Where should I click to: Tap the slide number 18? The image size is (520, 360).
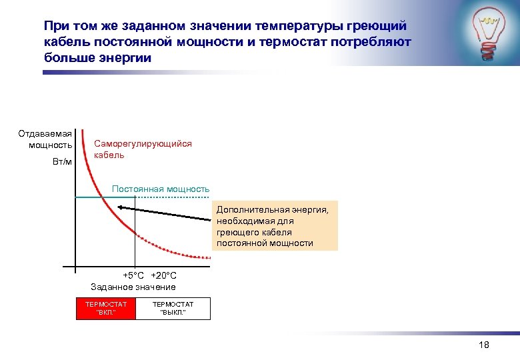(x=485, y=345)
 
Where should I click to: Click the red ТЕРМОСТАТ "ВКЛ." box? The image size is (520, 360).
(x=106, y=308)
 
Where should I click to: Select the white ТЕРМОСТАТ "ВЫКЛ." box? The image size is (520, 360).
(x=173, y=308)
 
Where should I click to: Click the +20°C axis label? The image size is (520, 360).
(x=164, y=276)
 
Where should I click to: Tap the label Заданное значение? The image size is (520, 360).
(x=133, y=287)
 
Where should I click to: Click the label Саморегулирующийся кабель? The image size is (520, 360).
(x=143, y=149)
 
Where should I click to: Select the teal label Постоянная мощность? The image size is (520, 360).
(x=161, y=189)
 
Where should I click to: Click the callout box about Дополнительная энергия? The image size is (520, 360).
(x=275, y=226)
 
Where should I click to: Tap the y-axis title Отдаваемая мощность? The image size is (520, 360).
(x=45, y=139)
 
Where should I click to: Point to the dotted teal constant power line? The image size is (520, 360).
(x=173, y=198)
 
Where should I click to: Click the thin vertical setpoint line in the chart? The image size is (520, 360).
(x=135, y=240)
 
